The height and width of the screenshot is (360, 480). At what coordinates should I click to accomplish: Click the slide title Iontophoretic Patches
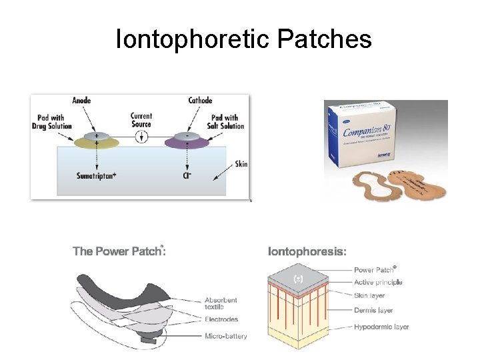243,39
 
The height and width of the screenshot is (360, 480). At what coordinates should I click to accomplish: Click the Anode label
81,101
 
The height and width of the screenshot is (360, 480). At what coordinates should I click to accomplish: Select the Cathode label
200,101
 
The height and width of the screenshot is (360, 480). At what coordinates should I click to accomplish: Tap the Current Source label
141,120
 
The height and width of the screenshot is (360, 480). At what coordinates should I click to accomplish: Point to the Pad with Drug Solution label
51,122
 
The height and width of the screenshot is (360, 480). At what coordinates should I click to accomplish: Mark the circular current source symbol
141,138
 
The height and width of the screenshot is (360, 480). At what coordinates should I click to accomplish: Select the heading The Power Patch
119,251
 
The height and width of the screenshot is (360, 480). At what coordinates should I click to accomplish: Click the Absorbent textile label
221,304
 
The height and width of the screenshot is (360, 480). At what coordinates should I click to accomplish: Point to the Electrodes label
221,320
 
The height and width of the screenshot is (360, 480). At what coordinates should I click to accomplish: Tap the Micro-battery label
225,336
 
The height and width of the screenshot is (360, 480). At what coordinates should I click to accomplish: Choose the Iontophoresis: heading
307,251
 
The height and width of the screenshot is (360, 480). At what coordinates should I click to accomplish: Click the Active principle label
378,283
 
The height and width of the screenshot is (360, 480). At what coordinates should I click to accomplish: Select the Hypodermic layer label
381,327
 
